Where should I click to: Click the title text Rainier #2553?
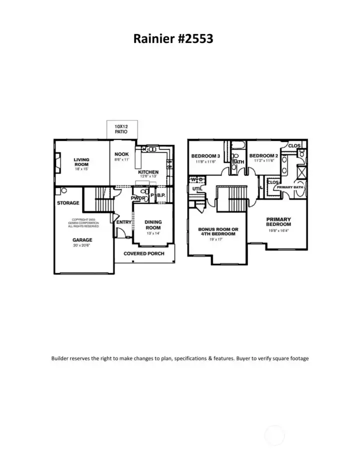coord(173,38)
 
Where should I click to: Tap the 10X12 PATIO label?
coord(120,129)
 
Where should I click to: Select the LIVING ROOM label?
coord(81,162)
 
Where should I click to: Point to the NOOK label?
coord(122,154)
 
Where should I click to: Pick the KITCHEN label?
coord(148,171)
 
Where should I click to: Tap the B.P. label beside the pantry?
coord(161,195)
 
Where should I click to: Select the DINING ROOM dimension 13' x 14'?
coord(153,233)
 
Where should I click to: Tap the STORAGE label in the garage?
coord(68,203)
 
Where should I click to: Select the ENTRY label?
coord(123,222)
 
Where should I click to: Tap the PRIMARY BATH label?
coord(290,187)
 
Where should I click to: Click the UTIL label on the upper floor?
coord(197,188)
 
